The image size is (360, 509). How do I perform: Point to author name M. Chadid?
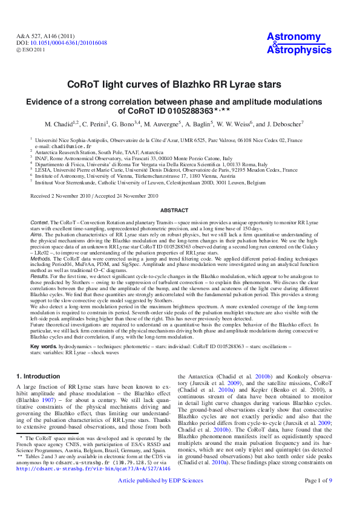click(60, 124)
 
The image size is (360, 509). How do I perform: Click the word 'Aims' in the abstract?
click(37, 236)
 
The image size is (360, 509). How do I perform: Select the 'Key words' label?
click(44, 346)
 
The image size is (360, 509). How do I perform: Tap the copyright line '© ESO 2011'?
click(31, 50)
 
